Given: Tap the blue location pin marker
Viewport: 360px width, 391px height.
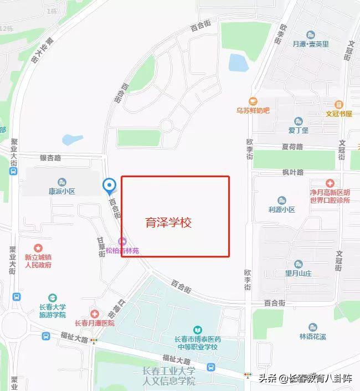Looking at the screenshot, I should (x=110, y=186).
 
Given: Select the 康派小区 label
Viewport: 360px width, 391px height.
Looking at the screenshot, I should (x=61, y=191).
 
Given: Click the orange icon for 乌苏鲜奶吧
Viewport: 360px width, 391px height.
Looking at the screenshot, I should (x=253, y=101).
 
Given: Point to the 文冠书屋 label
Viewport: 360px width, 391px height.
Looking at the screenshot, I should (x=339, y=113).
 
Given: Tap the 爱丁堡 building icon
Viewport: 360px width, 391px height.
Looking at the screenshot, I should (x=299, y=121).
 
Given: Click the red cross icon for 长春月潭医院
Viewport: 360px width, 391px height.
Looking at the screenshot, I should (x=95, y=314).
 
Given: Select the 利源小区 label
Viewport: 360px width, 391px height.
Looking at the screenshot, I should (x=282, y=209).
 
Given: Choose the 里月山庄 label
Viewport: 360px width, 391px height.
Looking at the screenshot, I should (x=299, y=273).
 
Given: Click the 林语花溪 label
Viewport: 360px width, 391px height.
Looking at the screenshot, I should (x=313, y=336).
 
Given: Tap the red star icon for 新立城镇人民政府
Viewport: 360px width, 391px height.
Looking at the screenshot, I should (x=38, y=248).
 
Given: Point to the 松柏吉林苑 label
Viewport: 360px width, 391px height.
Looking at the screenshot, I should (x=122, y=250).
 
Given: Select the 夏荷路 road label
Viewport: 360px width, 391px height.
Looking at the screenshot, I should (x=292, y=147).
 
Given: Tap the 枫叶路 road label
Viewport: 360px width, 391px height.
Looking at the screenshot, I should (x=293, y=172).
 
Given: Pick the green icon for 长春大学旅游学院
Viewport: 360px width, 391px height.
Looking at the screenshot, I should (x=52, y=298).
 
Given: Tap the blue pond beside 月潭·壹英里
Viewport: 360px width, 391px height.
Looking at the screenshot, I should (x=239, y=63).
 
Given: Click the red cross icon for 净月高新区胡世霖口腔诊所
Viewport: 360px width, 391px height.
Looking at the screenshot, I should (x=330, y=183).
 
